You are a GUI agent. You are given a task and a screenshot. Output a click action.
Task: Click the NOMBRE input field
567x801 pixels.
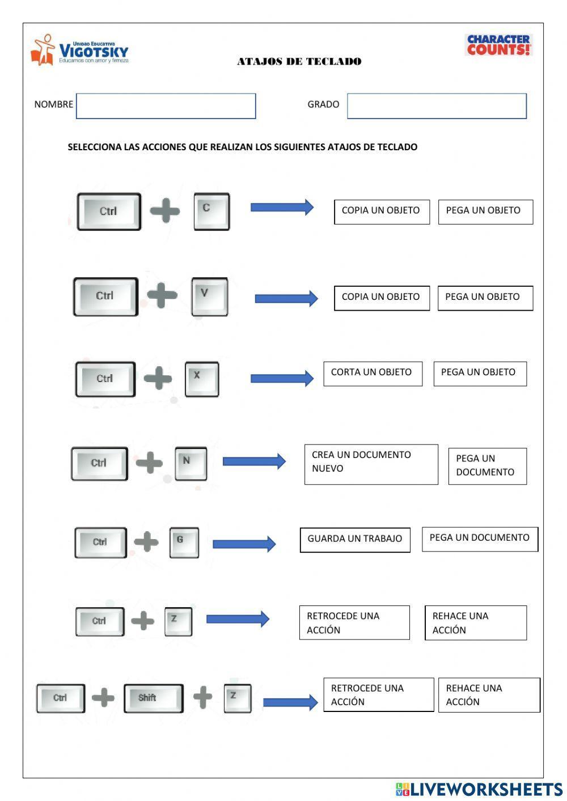pos(166,106)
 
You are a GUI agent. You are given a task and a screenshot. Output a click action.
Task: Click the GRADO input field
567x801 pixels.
pos(437,106)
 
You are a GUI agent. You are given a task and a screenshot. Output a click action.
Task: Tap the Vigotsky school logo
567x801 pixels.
pos(79,50)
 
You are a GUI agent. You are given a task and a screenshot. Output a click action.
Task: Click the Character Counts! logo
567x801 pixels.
pos(498,45)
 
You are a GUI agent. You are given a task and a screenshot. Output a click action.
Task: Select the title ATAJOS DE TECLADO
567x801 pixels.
pos(299,62)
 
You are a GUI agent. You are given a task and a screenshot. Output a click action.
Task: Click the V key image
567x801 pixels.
pos(209,296)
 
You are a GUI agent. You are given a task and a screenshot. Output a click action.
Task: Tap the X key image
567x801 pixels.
pos(201,379)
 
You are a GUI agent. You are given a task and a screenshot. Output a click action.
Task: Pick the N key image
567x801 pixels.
pos(191,463)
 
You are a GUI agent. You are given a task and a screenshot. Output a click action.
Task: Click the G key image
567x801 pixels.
pos(184,542)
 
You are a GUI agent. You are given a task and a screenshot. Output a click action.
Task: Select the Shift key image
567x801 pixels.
pos(153,698)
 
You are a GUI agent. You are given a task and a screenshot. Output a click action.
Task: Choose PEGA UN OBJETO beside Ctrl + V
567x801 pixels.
pos(485,298)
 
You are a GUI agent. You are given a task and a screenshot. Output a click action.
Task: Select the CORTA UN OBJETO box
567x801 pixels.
pos(373,374)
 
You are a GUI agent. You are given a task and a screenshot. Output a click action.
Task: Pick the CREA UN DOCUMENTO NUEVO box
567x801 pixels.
pos(371,464)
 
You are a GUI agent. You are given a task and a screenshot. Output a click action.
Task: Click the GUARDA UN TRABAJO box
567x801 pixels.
pos(355,539)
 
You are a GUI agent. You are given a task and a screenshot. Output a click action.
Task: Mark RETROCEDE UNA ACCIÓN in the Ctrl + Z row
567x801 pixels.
pos(354,622)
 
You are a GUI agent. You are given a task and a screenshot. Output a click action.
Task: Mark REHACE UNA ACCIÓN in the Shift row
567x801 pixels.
pos(488,694)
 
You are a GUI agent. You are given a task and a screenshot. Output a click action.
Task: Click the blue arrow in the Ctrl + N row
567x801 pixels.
pos(253,461)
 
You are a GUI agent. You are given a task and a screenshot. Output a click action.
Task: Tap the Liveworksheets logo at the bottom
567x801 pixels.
pos(479,789)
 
